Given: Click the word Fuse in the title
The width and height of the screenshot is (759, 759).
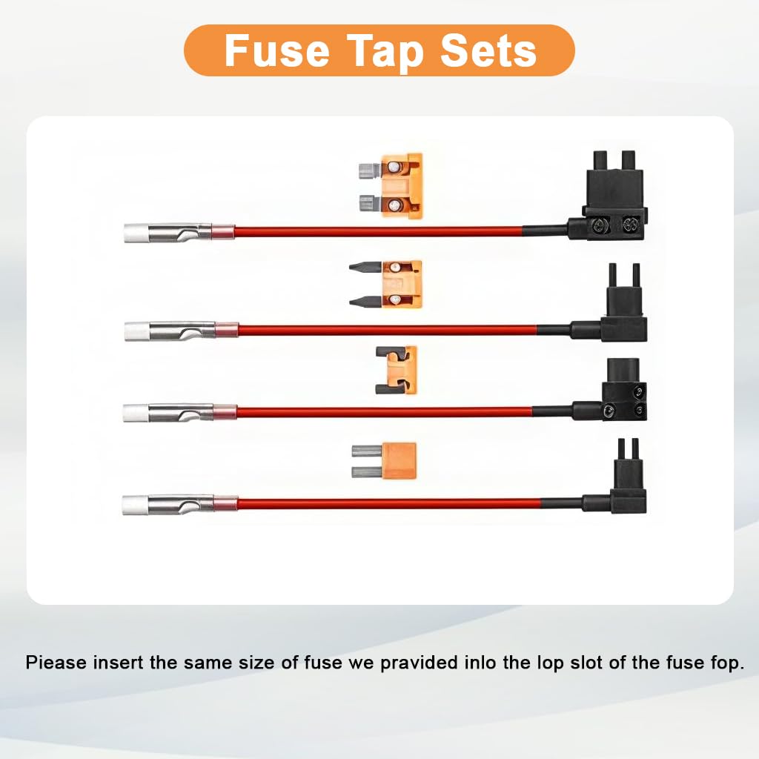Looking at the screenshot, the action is pos(277,50).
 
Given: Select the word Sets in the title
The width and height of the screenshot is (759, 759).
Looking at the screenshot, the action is pos(488,50).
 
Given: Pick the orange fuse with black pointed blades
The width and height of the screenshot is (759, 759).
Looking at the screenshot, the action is pos(385,284).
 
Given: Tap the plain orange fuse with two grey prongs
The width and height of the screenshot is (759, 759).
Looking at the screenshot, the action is pos(384,461).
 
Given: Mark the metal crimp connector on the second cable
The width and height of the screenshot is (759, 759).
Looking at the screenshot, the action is pos(182,331).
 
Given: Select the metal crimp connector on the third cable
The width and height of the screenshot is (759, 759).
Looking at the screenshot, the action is pos(180,413).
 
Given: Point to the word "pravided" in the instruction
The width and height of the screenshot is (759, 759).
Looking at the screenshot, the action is pos(419,663).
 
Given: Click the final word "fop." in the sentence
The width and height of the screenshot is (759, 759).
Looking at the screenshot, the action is pos(728,663).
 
